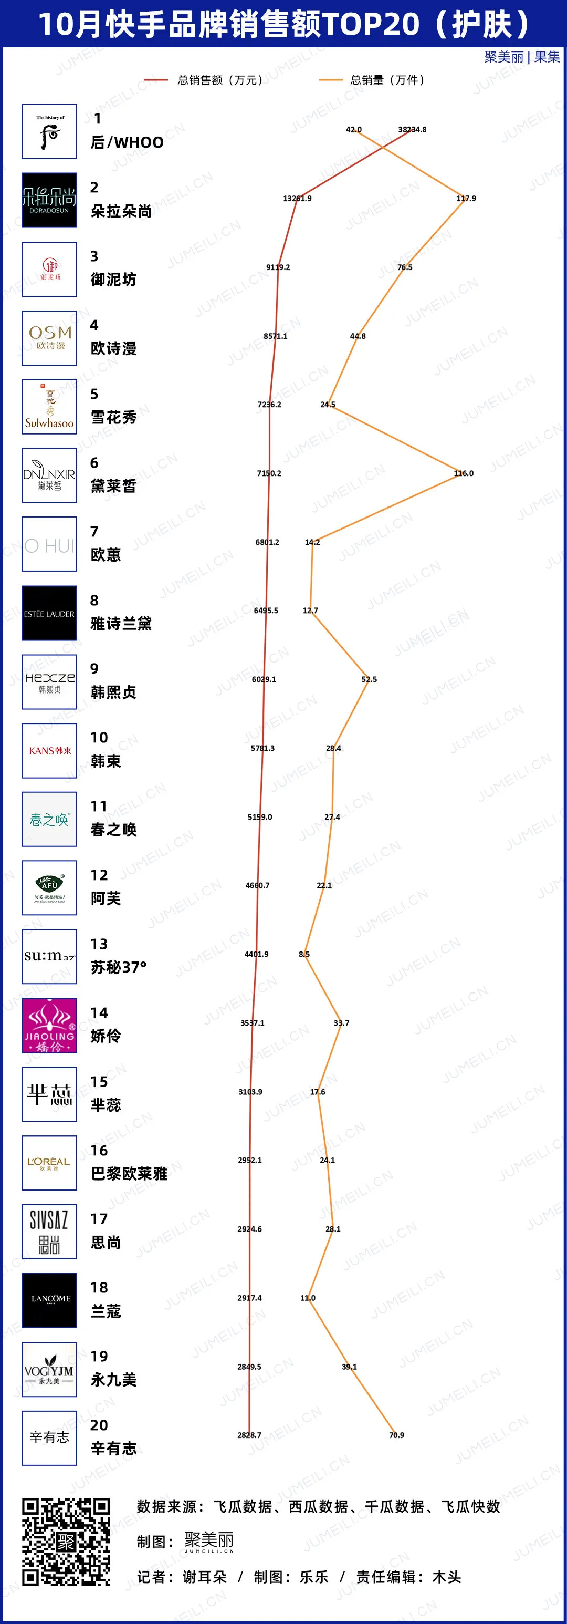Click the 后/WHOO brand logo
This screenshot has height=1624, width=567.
(x=50, y=132)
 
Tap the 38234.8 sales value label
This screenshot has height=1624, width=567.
(x=412, y=130)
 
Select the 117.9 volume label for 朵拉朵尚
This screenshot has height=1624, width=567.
(x=466, y=199)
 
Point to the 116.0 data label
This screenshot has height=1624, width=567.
(x=464, y=473)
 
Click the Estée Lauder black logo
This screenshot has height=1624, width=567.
(x=50, y=614)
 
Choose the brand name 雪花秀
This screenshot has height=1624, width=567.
(x=113, y=417)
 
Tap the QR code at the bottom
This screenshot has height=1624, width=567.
(x=66, y=1542)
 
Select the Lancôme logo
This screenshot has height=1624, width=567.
(x=50, y=1300)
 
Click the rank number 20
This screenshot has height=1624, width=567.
(x=99, y=1425)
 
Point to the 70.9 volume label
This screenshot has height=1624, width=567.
(x=396, y=1435)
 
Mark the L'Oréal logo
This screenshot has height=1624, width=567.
(x=50, y=1163)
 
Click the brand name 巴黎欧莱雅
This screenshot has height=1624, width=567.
(x=129, y=1174)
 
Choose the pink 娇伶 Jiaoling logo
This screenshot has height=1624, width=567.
(x=50, y=1026)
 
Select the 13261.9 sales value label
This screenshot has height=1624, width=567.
(x=297, y=199)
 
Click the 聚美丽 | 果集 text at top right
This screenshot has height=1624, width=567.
(x=522, y=57)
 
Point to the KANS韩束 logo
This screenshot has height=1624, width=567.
(x=50, y=751)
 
